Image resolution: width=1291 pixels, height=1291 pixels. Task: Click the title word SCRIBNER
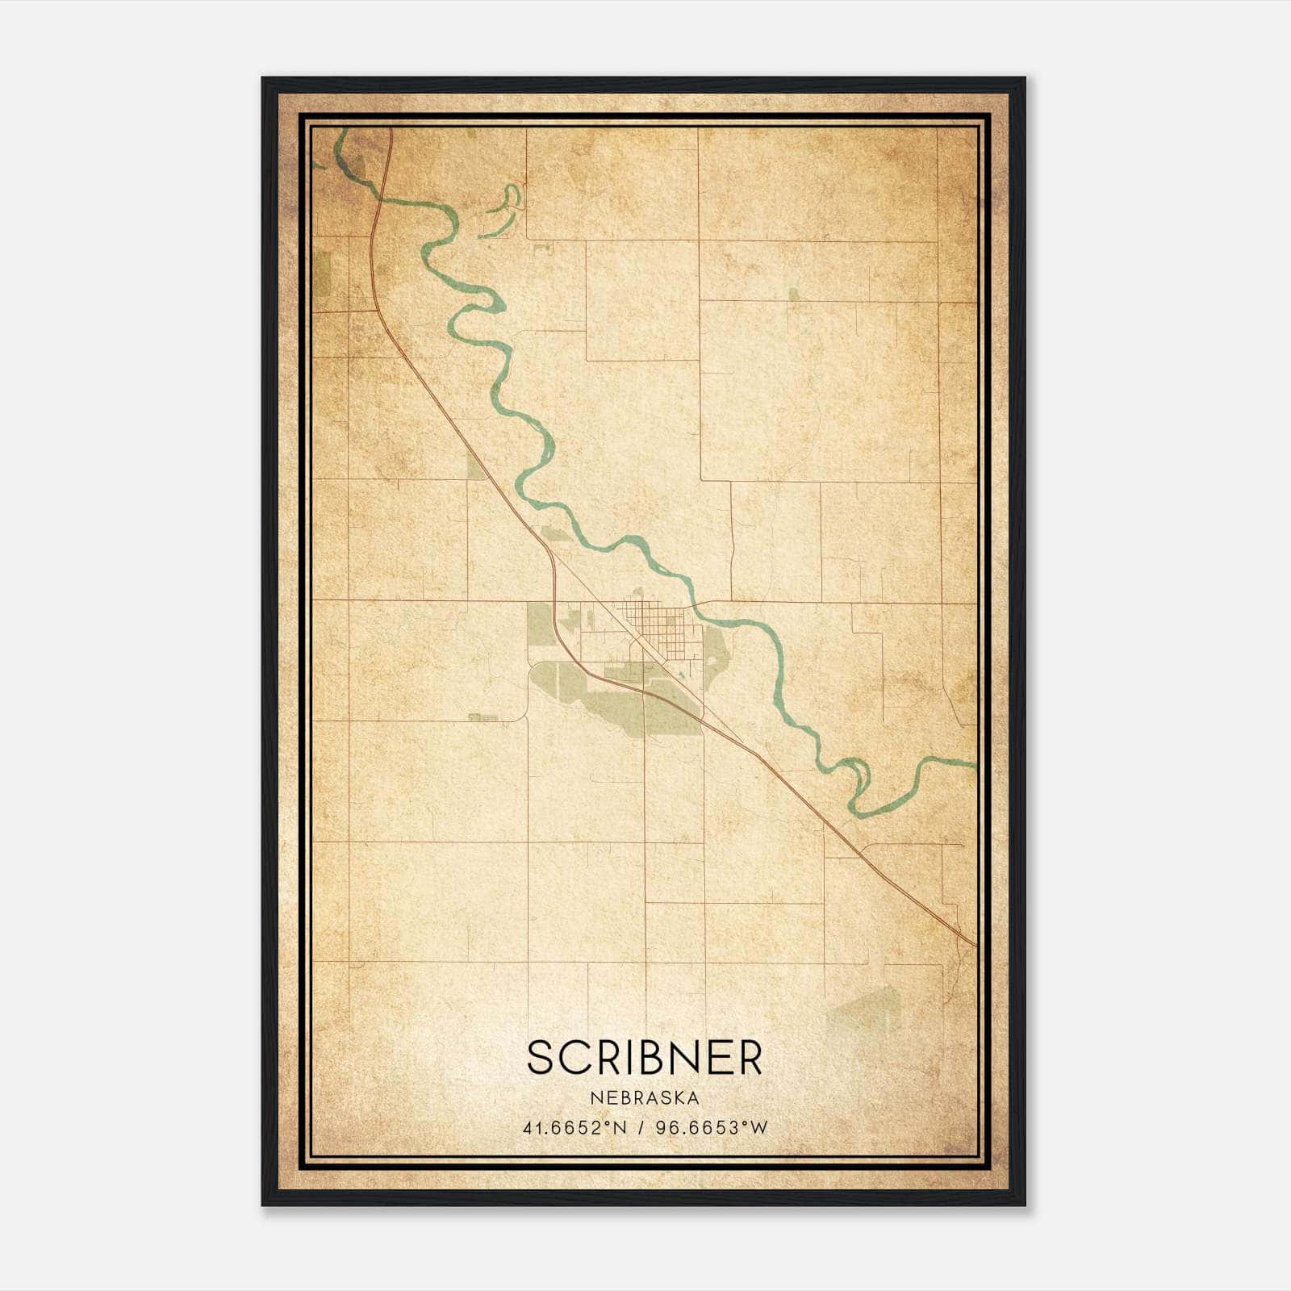[645, 1057]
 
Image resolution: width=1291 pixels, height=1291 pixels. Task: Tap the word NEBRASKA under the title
[645, 1098]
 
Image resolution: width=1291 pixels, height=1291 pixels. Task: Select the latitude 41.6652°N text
[574, 1128]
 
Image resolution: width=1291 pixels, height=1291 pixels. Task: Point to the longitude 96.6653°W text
[711, 1128]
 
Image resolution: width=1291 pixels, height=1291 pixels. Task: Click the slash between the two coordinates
[642, 1128]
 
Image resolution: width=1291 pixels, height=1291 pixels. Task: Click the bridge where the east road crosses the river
[693, 603]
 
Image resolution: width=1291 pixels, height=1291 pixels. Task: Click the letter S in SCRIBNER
[541, 1057]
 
